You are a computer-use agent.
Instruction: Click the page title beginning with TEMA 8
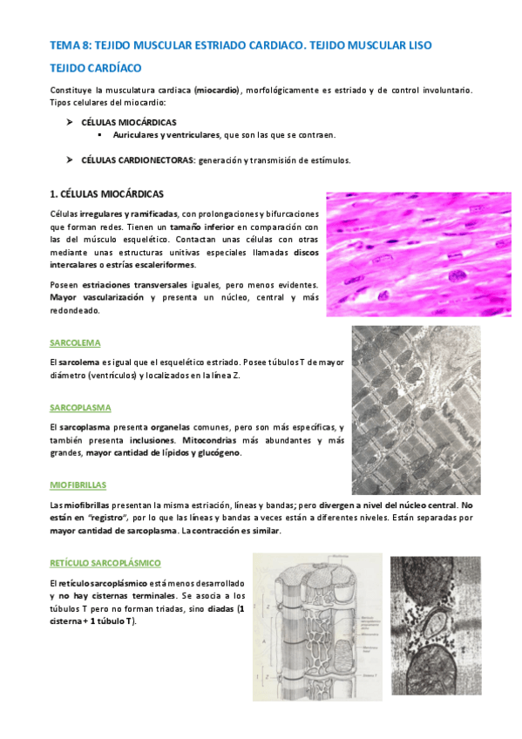click(241, 44)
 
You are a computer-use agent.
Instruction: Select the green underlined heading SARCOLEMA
click(76, 342)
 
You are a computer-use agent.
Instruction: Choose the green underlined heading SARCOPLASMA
click(81, 407)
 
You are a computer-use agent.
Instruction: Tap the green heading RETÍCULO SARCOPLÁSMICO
click(105, 564)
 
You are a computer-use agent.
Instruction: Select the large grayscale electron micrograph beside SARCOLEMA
click(414, 410)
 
